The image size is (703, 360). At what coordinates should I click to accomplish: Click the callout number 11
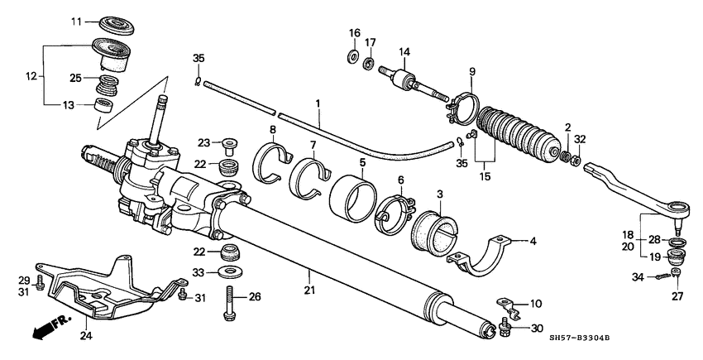77,21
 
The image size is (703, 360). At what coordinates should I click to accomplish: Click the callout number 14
404,51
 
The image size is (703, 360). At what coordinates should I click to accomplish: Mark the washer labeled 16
353,58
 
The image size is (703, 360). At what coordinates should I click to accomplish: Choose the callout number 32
580,139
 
